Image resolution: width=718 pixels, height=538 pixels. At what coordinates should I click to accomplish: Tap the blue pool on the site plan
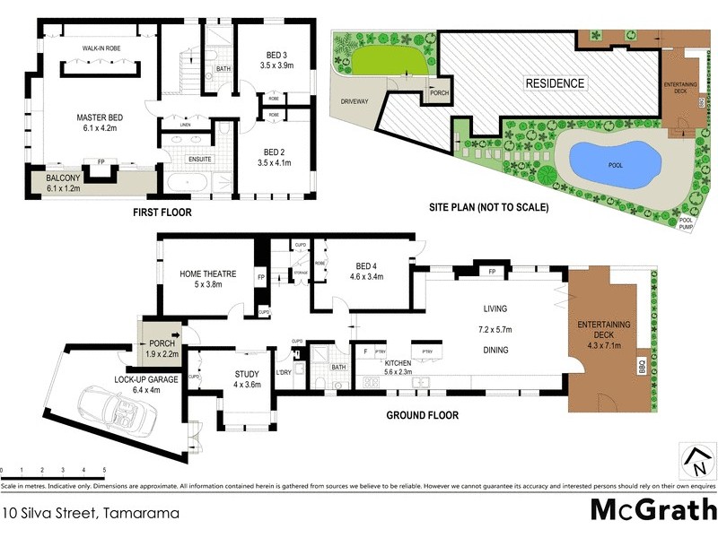pyautogui.click(x=617, y=161)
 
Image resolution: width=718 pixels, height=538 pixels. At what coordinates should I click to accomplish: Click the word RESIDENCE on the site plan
pyautogui.click(x=555, y=83)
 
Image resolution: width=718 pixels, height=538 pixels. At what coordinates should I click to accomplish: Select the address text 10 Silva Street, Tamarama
pyautogui.click(x=90, y=514)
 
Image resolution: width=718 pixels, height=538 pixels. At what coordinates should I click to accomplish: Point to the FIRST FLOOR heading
pyautogui.click(x=162, y=213)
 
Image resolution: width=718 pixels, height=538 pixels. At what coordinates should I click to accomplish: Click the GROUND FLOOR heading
pyautogui.click(x=422, y=415)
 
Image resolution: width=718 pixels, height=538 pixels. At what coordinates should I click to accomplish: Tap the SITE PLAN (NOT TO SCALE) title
pyautogui.click(x=489, y=207)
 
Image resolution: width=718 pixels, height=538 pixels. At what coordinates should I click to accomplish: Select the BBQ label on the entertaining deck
pyautogui.click(x=642, y=369)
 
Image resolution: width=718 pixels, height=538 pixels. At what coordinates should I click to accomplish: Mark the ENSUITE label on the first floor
pyautogui.click(x=199, y=159)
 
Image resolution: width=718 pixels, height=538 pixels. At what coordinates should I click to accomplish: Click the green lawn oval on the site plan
pyautogui.click(x=388, y=62)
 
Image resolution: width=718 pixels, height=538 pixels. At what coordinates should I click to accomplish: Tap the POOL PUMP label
pyautogui.click(x=687, y=224)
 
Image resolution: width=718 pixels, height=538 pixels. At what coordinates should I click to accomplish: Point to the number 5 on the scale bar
pyautogui.click(x=105, y=470)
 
